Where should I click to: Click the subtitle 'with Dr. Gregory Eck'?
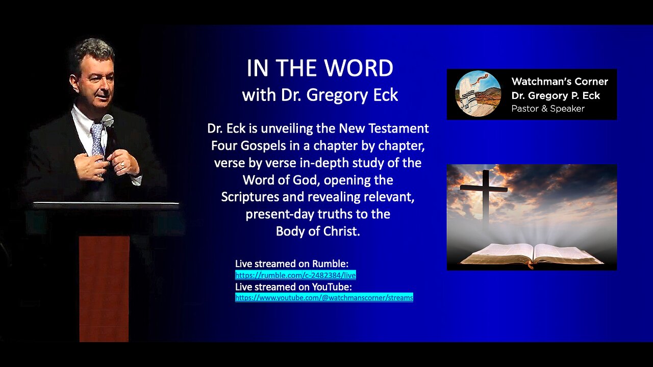[x=320, y=95]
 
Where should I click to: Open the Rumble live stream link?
[x=295, y=275]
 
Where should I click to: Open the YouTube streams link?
[x=324, y=297]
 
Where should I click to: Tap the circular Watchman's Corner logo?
[x=478, y=94]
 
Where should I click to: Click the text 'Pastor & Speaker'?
[x=548, y=109]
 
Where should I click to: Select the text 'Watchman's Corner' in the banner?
[x=560, y=82]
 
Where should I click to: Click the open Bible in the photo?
[x=532, y=254]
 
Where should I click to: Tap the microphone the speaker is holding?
[x=108, y=121]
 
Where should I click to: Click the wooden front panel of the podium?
[x=104, y=288]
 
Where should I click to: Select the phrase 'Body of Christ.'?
[x=318, y=231]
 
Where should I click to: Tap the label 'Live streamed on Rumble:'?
[x=292, y=264]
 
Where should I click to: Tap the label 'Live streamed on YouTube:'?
[x=293, y=287]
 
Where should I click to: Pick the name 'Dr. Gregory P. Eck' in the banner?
[x=556, y=95]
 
